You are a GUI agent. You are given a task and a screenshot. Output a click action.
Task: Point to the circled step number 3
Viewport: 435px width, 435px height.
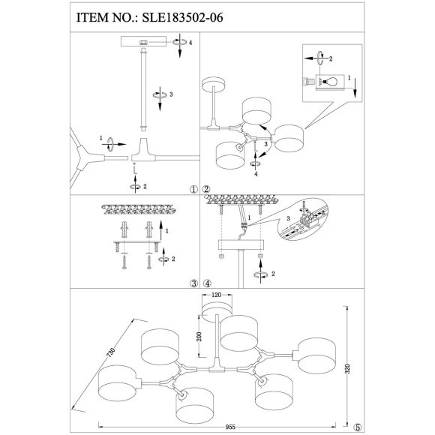[x=193, y=283]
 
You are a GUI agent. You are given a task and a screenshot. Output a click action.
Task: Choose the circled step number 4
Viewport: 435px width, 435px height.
[x=206, y=283]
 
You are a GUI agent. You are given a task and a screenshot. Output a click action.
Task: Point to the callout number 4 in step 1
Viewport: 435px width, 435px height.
[x=191, y=43]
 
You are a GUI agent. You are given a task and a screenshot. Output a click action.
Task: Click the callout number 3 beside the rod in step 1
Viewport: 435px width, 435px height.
[x=172, y=94]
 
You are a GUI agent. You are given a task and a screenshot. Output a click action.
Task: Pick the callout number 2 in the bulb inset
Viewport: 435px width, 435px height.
[x=330, y=58]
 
